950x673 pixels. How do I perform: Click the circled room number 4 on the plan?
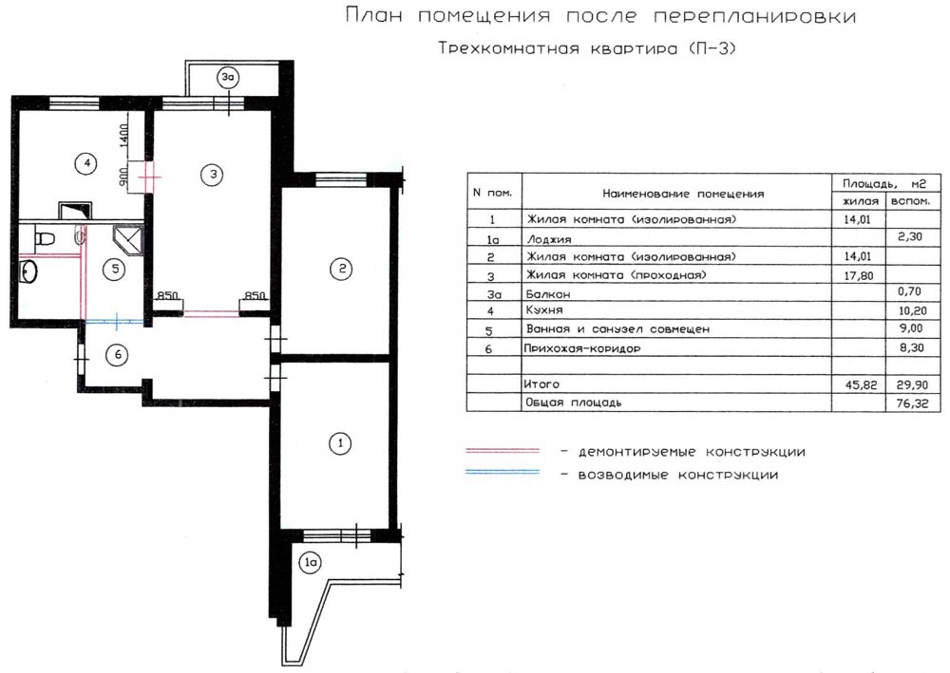[86, 163]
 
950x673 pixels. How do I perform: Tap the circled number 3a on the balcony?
[227, 78]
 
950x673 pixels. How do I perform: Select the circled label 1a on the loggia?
[311, 562]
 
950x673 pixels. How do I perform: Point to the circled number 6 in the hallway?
[118, 354]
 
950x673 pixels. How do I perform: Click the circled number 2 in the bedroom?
[341, 268]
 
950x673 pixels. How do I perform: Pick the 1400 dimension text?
[124, 136]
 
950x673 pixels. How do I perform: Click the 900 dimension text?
[123, 177]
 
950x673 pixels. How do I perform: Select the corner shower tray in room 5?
[128, 240]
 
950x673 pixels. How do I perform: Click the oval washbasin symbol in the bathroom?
[28, 271]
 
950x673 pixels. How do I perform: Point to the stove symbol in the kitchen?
[75, 210]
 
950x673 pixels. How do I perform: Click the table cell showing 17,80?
[859, 276]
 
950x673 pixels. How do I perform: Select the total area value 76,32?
[912, 403]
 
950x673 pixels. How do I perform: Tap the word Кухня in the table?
[544, 309]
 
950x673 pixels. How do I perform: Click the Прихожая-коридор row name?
[582, 348]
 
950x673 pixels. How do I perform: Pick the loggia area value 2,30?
[910, 236]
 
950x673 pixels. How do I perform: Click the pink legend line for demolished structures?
[503, 451]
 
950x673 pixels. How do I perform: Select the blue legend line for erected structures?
[503, 472]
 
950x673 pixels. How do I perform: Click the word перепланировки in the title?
[754, 16]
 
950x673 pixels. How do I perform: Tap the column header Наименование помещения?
[683, 194]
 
